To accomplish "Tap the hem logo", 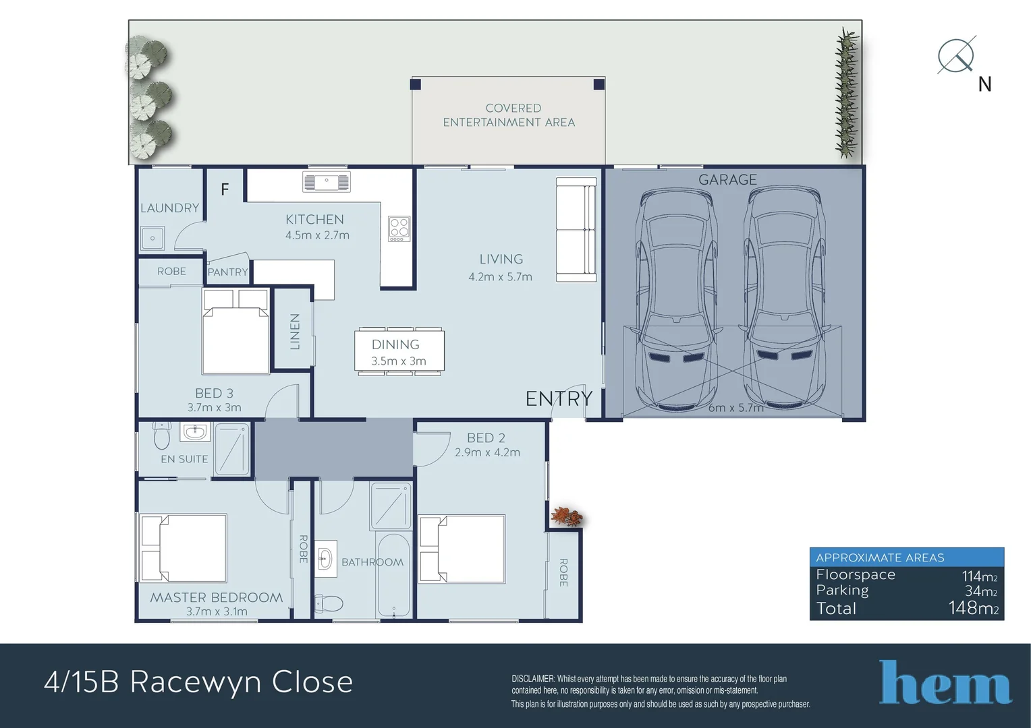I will click(945, 683).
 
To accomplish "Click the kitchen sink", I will click(327, 182).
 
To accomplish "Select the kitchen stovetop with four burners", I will click(399, 229).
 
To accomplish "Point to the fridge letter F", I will click(225, 189).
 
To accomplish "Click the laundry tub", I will click(152, 238).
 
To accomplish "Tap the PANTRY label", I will click(227, 272).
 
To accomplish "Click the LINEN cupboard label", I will click(294, 331).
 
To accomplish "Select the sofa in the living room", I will click(576, 229).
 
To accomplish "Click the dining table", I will click(399, 351).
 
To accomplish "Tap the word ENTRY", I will click(559, 399).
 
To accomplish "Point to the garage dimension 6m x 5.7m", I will click(735, 408).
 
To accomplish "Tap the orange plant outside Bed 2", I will click(566, 517).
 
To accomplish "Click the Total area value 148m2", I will click(973, 608).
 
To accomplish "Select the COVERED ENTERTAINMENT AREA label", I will click(509, 115).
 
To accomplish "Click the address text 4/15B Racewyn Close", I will click(198, 682).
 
